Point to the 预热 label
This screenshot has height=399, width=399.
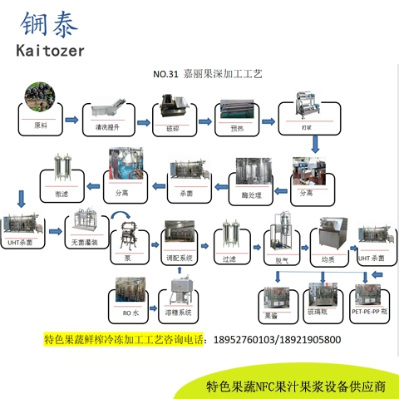click(x=234, y=128)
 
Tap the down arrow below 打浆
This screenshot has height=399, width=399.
click(x=315, y=145)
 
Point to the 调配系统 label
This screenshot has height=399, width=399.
click(x=180, y=259)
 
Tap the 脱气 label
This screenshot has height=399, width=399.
click(x=279, y=259)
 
